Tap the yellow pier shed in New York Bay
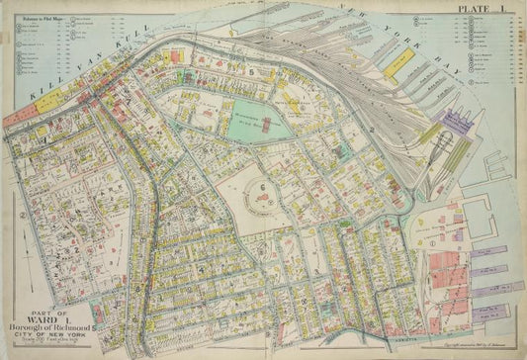400,61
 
